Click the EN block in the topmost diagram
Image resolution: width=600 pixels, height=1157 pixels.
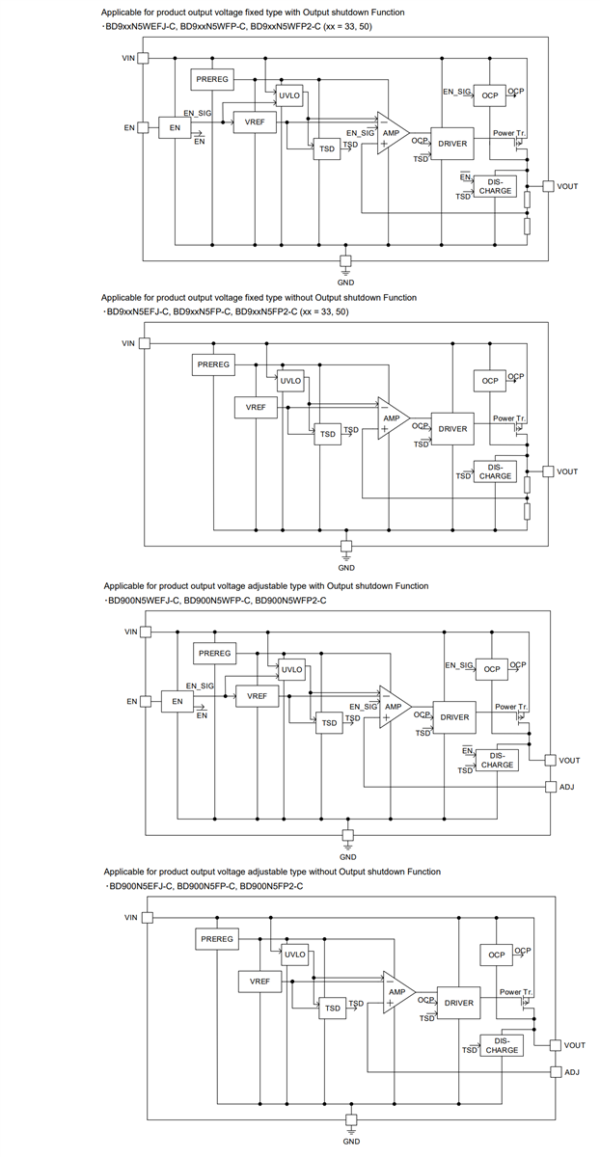[175, 127]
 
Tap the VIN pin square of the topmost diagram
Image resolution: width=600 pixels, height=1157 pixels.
[144, 58]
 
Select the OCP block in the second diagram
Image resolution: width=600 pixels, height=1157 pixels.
[490, 381]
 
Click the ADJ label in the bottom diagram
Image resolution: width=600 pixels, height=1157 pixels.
[572, 1072]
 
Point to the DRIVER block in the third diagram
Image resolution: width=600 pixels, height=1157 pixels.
[454, 717]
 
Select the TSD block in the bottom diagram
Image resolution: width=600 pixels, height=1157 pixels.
[333, 1009]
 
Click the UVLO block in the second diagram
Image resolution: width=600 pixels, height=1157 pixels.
[290, 381]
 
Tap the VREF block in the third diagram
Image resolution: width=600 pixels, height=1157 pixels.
[257, 695]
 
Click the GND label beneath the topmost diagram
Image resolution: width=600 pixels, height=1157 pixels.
[345, 282]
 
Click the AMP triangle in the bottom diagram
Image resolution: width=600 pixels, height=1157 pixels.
[396, 992]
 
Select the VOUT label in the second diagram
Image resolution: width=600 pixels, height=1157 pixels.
[567, 471]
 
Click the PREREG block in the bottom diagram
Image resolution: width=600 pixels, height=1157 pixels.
[217, 939]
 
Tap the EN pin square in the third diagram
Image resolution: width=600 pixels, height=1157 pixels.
[146, 701]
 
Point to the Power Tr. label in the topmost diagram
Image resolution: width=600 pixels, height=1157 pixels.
[508, 132]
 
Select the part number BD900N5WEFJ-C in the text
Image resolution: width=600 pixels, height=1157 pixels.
[145, 600]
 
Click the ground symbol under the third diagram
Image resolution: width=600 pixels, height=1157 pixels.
[348, 835]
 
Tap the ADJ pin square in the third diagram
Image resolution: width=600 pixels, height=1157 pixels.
[551, 788]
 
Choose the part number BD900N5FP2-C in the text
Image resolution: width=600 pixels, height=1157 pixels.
[271, 885]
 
